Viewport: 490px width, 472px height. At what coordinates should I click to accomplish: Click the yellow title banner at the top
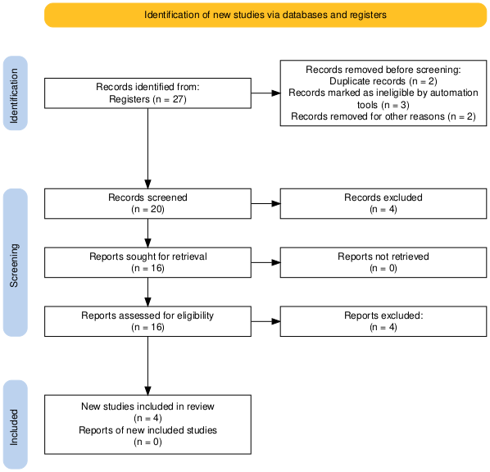(265, 15)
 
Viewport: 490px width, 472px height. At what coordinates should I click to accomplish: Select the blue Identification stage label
(16, 93)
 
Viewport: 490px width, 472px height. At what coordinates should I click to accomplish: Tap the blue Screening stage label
(16, 262)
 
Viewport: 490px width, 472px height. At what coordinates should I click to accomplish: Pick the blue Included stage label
(16, 424)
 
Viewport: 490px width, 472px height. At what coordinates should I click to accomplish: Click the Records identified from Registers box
(147, 93)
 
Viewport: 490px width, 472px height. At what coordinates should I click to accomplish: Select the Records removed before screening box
(383, 93)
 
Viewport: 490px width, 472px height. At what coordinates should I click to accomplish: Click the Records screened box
(147, 203)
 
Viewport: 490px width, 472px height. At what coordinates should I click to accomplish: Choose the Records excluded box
(383, 203)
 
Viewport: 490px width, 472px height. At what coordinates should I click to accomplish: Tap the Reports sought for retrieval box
(147, 262)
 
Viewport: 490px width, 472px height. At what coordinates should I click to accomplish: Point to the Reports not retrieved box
(383, 262)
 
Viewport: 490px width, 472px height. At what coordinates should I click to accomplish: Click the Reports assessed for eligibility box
(147, 321)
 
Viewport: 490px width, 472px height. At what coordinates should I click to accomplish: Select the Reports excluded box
(383, 321)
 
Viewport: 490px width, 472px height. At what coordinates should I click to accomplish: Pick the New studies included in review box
(147, 424)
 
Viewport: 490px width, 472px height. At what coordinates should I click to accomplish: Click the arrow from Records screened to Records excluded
(265, 203)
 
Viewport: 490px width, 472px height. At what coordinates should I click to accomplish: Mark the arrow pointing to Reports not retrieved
(265, 262)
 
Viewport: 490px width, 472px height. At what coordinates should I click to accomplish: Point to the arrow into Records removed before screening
(265, 93)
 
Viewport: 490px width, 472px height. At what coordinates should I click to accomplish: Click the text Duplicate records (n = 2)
(383, 81)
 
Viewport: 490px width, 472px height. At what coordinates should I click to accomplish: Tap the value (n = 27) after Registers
(170, 99)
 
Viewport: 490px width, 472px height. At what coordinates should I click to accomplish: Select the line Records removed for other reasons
(369, 116)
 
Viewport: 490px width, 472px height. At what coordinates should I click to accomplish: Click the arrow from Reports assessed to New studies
(147, 365)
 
